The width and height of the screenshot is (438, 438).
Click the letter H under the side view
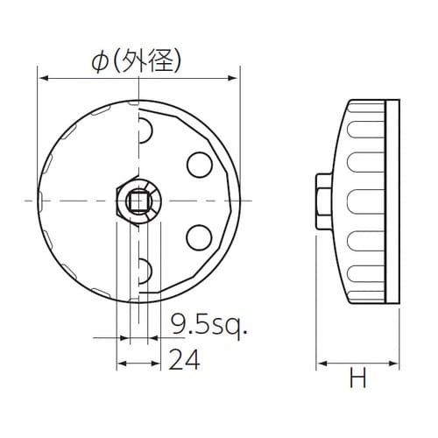pyautogui.click(x=357, y=378)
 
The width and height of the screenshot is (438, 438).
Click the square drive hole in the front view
pyautogui.click(x=138, y=203)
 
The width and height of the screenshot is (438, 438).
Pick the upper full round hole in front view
pyautogui.click(x=198, y=165)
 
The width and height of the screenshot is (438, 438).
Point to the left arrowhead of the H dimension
pyautogui.click(x=320, y=362)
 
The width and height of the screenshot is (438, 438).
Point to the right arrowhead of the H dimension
pyautogui.click(x=396, y=362)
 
